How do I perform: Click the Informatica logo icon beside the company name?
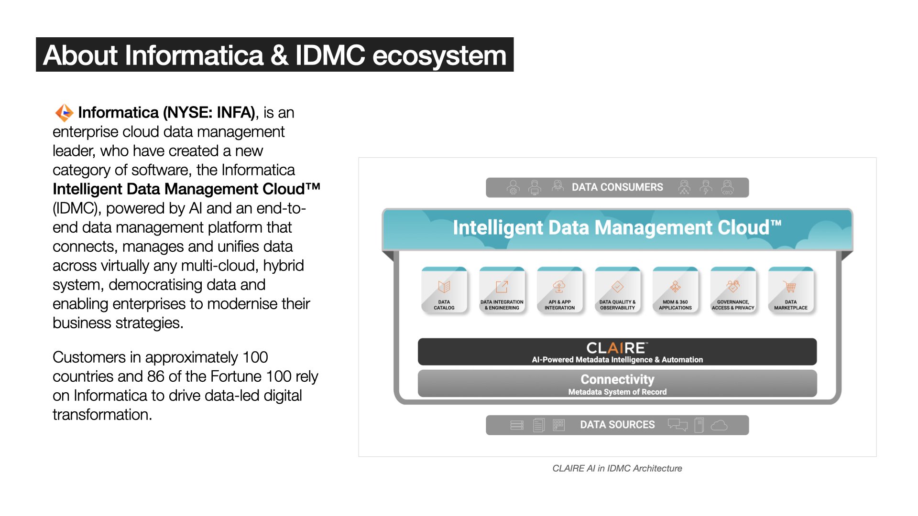click(64, 113)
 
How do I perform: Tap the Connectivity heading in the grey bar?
click(617, 379)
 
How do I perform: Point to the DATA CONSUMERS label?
click(617, 187)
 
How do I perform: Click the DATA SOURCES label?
click(617, 425)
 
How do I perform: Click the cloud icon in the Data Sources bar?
click(719, 425)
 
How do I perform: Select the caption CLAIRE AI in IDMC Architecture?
click(617, 468)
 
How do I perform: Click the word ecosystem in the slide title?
click(439, 55)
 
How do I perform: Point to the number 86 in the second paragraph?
click(156, 376)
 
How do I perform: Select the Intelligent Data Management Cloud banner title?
click(617, 228)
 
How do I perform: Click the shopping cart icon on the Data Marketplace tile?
click(790, 287)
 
